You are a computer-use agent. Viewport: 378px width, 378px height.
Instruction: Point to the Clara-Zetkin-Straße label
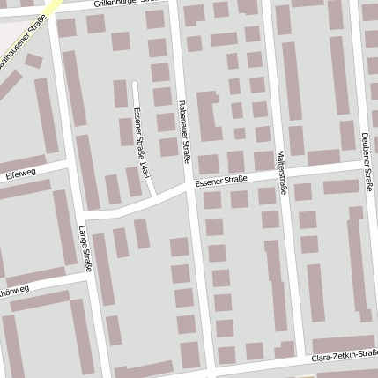(345, 359)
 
